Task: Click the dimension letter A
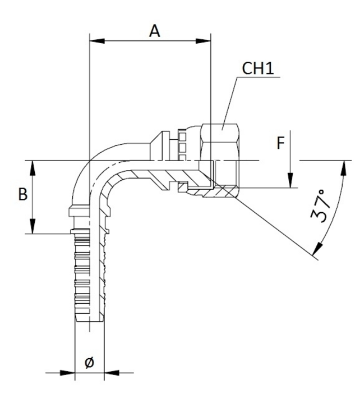coord(154,31)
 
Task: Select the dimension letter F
coord(280,144)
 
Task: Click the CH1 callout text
coord(257,68)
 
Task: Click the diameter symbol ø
coord(89,362)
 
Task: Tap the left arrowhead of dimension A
coord(95,40)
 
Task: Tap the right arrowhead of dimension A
coord(206,40)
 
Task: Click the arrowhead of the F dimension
coord(290,182)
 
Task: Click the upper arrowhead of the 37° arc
coord(341,166)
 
